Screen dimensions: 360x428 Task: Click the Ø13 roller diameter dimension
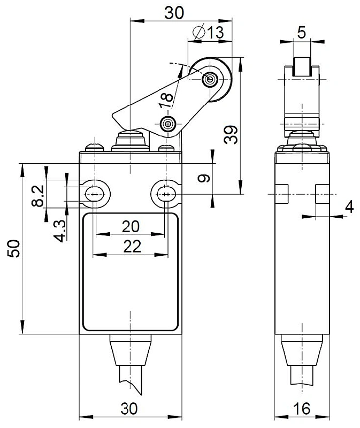click(208, 32)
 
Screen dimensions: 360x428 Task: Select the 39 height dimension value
click(231, 135)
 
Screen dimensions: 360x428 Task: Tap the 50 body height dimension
click(14, 248)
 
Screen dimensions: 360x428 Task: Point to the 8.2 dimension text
click(37, 196)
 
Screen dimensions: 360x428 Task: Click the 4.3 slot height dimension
click(60, 231)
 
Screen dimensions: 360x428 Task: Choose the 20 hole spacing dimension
click(131, 226)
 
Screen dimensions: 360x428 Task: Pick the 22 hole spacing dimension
click(132, 247)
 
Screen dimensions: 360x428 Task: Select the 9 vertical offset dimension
click(204, 178)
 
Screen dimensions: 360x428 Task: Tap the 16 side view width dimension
click(302, 409)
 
